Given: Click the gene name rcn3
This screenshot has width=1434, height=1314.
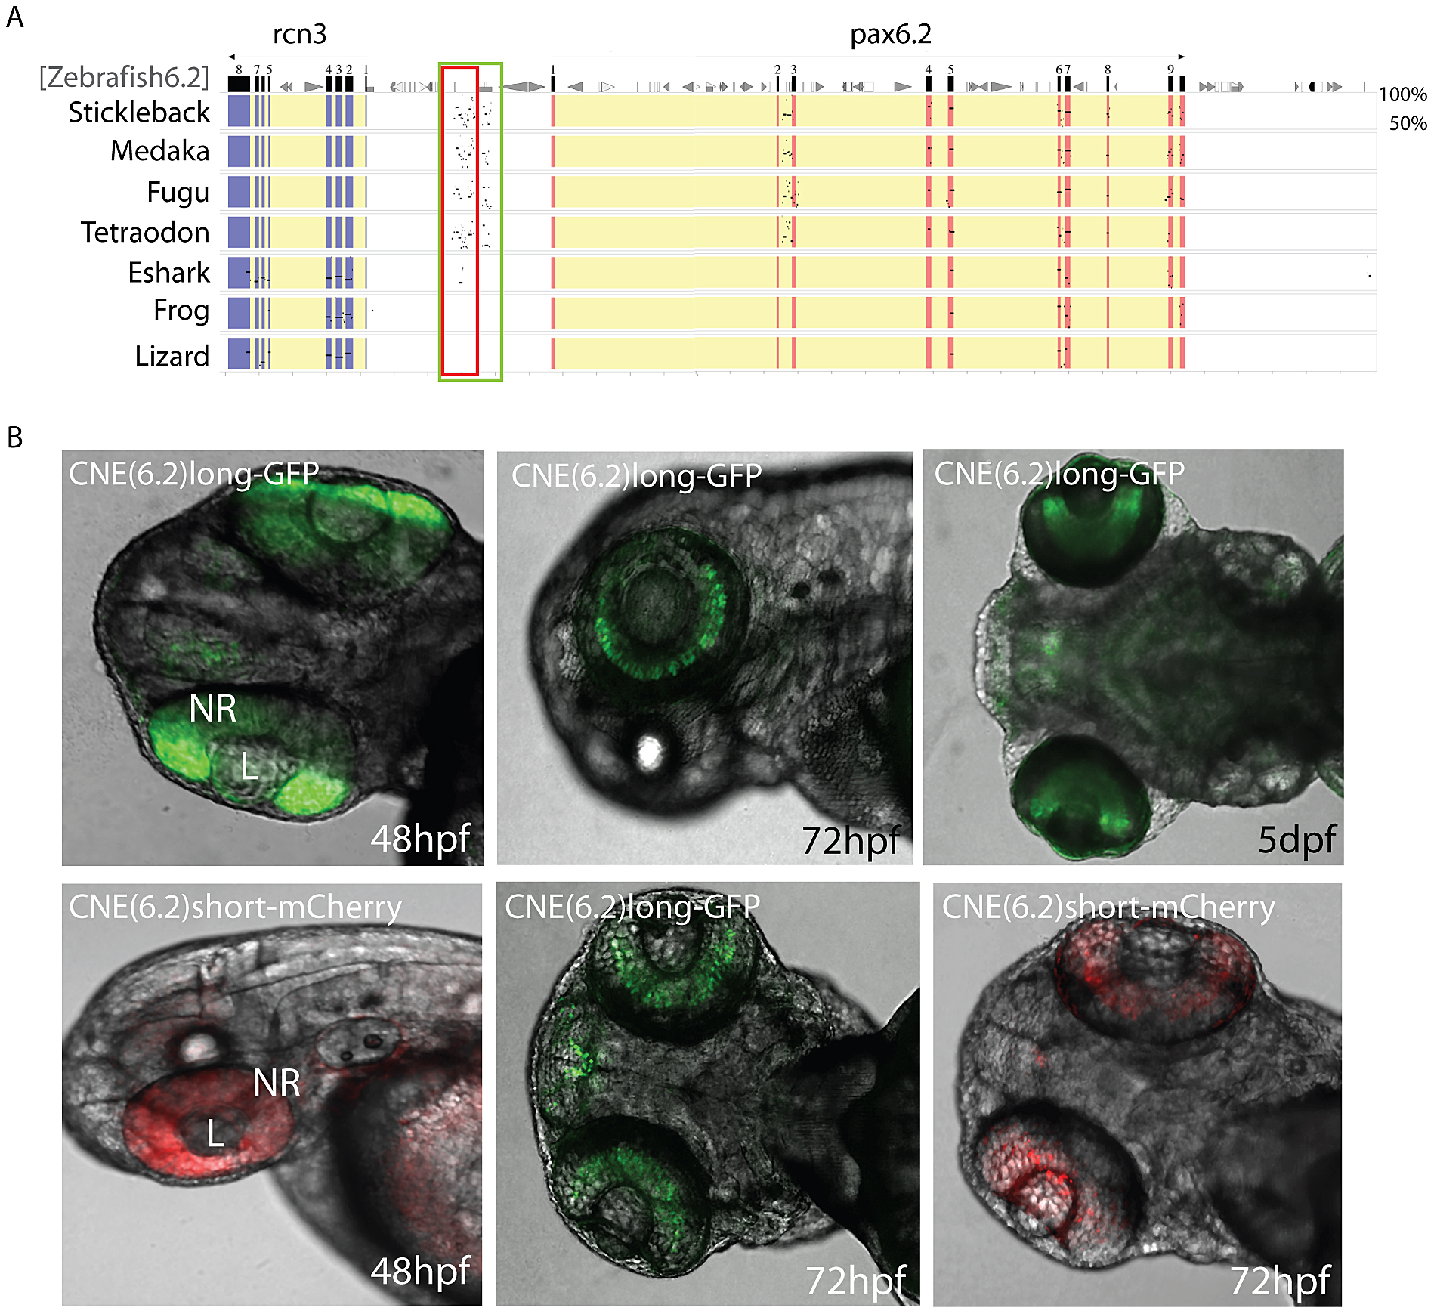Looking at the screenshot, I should [299, 35].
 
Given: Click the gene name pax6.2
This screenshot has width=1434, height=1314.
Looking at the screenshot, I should [890, 35].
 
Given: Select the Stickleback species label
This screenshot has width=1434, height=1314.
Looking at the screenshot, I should [139, 113].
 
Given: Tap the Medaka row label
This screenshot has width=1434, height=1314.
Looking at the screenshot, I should [159, 151].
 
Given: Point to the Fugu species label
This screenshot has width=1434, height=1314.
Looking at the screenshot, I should [178, 192].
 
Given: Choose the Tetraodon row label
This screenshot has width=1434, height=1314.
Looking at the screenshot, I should [145, 232].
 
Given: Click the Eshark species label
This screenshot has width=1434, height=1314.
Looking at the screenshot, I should [168, 272].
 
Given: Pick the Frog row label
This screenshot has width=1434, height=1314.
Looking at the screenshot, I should [181, 311].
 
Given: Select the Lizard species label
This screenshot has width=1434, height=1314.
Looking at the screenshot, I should [172, 355].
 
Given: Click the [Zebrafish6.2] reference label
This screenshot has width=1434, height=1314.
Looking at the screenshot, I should [124, 76].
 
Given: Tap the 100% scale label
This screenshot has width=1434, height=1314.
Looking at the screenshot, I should [1402, 94].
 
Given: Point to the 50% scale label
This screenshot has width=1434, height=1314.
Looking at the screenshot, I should [1408, 123].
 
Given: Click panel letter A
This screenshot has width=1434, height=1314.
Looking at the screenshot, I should [15, 17].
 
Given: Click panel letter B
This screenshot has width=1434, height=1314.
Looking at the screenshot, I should [15, 437].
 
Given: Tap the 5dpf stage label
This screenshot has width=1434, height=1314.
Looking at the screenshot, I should [1296, 839].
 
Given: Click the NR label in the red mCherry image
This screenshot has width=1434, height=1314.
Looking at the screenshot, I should [277, 1083].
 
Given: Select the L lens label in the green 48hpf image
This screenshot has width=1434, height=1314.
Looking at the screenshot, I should [249, 766].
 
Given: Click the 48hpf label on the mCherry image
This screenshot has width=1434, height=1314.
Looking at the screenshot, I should [420, 1271].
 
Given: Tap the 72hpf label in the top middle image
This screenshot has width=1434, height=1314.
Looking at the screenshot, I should [850, 840].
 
